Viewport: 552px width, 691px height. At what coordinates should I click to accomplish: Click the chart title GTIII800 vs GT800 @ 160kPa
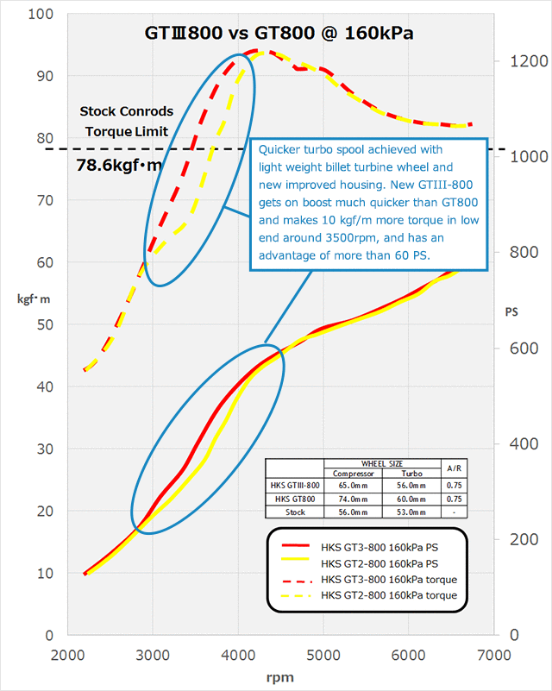click(278, 34)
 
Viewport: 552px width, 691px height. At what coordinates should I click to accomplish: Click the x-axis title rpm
click(281, 676)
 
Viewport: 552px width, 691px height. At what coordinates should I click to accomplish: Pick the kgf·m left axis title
click(30, 299)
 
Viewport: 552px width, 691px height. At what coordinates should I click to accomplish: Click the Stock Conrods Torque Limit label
click(126, 122)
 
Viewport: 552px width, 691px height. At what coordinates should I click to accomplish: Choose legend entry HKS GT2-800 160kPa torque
click(388, 595)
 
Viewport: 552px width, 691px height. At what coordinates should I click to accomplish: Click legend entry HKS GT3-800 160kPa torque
click(388, 578)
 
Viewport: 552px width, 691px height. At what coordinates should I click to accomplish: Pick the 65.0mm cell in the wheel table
click(351, 486)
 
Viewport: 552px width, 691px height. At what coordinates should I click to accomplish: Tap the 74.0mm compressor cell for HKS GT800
click(351, 499)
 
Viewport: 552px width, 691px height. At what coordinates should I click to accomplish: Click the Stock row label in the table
click(294, 511)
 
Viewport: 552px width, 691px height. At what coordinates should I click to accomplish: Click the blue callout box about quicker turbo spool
click(368, 204)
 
